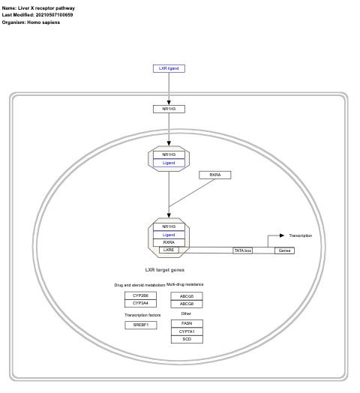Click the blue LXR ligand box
point(169,68)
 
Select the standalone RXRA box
point(214,175)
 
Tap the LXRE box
point(169,250)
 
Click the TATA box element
point(242,250)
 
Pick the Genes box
point(284,250)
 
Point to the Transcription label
point(300,235)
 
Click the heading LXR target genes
point(165,269)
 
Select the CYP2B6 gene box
point(140,295)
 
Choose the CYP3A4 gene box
point(140,303)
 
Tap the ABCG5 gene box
point(187,296)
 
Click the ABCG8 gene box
point(187,304)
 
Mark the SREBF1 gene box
point(140,325)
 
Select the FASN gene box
point(187,322)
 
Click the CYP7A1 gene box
point(187,331)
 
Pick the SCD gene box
point(187,339)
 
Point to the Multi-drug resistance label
point(185,285)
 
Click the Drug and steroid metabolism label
point(139,285)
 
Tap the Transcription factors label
point(142,315)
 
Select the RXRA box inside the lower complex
point(169,242)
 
